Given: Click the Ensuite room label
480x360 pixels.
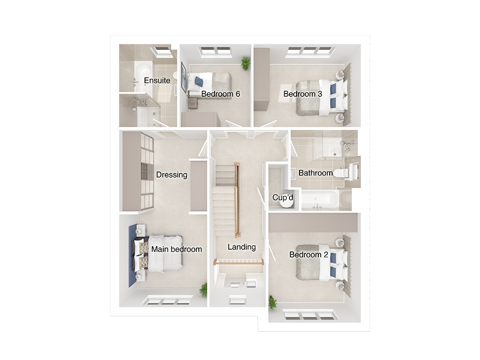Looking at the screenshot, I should click(x=157, y=80).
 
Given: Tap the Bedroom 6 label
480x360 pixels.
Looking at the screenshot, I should click(x=220, y=94).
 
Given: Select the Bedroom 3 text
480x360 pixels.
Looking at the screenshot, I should click(x=302, y=94).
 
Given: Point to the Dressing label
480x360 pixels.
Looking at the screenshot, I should click(x=171, y=175).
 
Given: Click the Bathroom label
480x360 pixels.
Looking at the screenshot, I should click(x=315, y=173).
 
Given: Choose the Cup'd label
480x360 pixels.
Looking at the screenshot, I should click(x=283, y=197).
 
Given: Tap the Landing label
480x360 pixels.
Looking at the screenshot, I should click(x=241, y=247).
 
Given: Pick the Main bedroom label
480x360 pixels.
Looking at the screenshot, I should click(x=176, y=249).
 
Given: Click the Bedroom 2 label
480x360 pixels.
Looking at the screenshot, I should click(x=309, y=254).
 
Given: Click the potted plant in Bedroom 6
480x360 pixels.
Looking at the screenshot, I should click(x=246, y=62).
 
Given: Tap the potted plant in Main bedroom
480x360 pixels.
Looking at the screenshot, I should click(x=204, y=289).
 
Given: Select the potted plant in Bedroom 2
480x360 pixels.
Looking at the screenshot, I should click(x=272, y=302).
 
